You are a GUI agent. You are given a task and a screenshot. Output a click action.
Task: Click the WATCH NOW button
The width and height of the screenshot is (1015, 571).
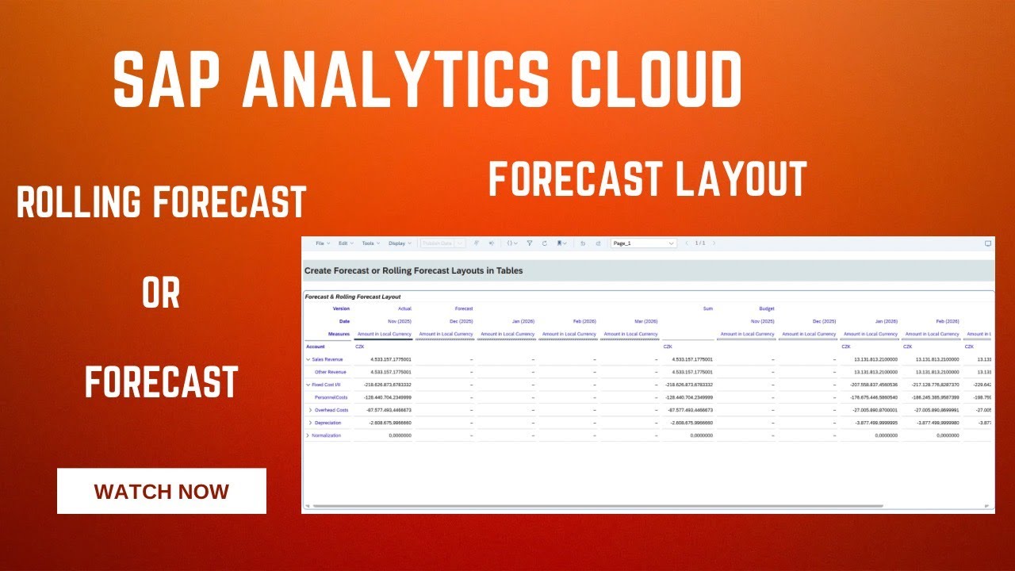(162, 491)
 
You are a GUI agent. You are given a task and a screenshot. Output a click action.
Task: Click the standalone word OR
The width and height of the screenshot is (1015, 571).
(161, 294)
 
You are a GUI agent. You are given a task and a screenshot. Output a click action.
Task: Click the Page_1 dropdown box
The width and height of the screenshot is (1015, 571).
(643, 243)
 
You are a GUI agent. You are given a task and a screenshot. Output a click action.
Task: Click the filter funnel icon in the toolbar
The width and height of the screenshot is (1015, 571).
(530, 243)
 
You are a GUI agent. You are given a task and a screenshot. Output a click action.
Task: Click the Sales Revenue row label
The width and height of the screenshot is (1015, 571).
(328, 359)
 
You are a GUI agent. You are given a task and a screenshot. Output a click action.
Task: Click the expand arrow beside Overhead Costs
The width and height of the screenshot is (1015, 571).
(310, 410)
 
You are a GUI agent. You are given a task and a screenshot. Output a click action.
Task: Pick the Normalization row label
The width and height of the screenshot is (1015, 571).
(326, 435)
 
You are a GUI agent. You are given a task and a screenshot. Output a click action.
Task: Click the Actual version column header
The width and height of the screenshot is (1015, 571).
(404, 308)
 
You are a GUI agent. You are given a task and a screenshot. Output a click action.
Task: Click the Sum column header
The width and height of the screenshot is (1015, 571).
(707, 308)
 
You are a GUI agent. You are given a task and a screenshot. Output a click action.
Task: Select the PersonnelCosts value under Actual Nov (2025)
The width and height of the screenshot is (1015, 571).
(383, 397)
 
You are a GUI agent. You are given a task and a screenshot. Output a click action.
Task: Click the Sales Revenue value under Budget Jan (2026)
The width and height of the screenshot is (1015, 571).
(870, 359)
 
